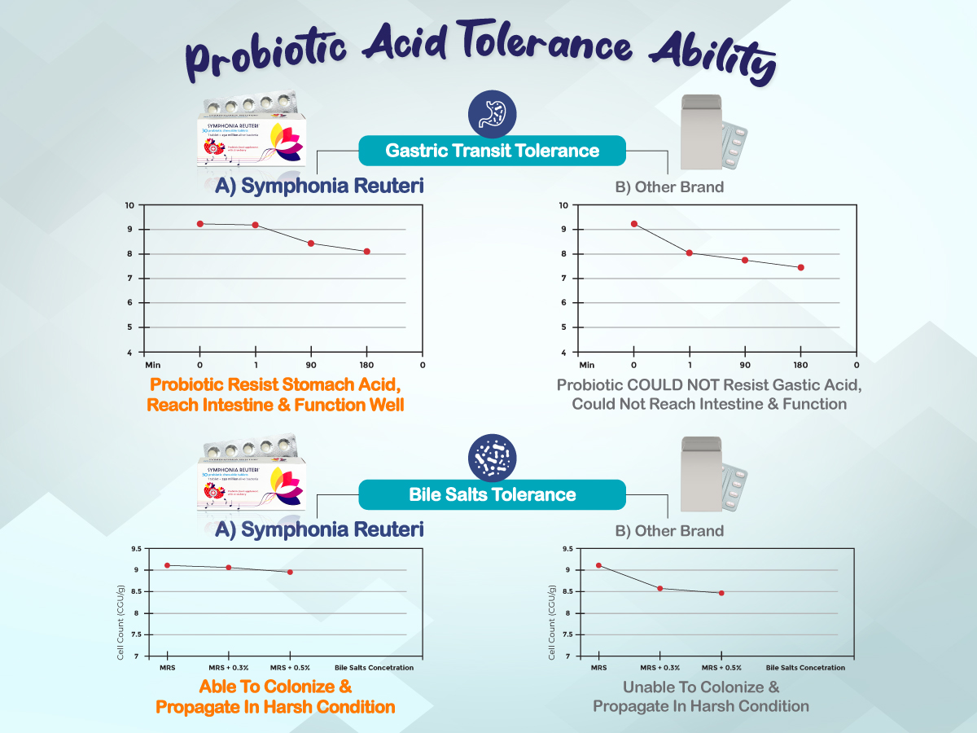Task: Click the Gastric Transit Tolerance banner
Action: [x=492, y=151]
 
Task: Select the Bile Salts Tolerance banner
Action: [x=492, y=494]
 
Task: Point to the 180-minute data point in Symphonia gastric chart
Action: [x=367, y=252]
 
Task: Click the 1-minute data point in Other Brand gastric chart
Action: [x=689, y=253]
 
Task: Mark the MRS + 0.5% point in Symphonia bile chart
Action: [x=290, y=572]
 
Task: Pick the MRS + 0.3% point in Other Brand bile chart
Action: [x=659, y=588]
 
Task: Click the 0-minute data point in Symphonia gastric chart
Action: [x=199, y=224]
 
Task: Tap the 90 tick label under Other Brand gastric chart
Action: [x=744, y=365]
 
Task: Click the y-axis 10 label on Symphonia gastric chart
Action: [x=129, y=205]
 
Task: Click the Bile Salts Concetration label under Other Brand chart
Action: [x=805, y=668]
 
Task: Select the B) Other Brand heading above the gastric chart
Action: [x=669, y=187]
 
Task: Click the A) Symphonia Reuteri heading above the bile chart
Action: [x=319, y=530]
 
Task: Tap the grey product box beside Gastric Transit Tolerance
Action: [x=699, y=135]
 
